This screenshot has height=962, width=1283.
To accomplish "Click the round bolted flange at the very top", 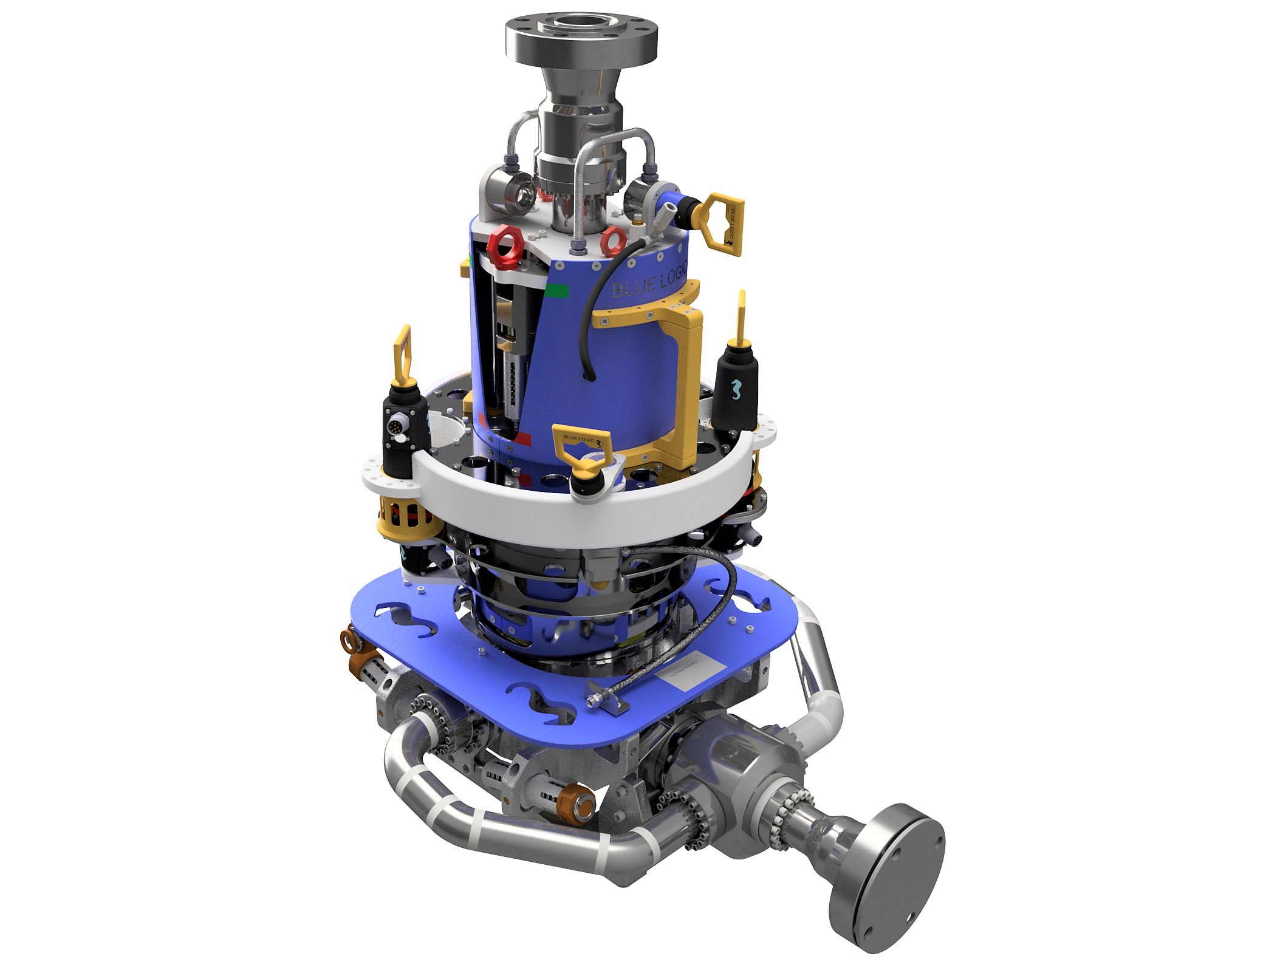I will click(581, 40).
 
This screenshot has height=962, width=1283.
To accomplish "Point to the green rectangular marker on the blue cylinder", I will click(556, 291).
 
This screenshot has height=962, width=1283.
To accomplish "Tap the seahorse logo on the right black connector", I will click(736, 389).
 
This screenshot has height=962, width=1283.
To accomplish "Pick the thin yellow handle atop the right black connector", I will click(741, 316).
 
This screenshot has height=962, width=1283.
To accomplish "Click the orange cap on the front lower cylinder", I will click(578, 804).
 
